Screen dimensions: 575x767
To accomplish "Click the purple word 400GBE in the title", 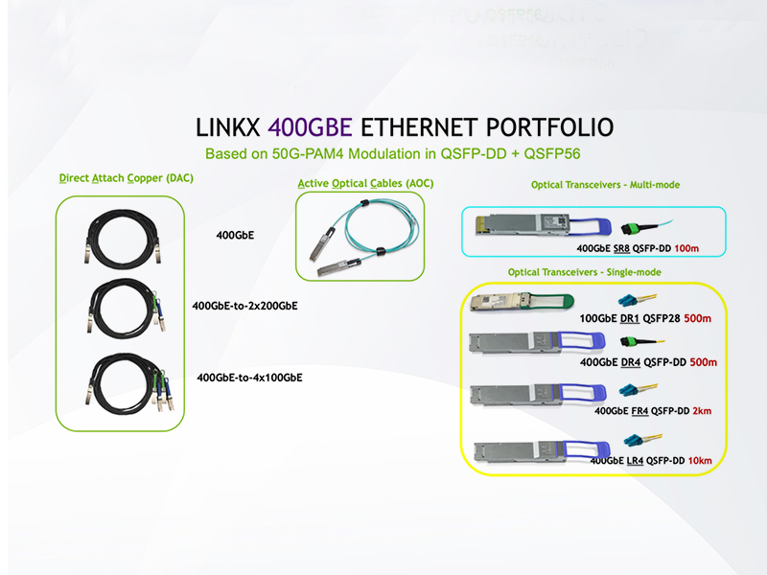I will pyautogui.click(x=310, y=128).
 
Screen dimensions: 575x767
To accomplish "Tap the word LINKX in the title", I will pyautogui.click(x=229, y=128).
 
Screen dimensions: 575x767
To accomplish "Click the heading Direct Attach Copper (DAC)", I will pyautogui.click(x=119, y=179).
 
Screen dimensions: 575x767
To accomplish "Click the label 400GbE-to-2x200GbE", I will pyautogui.click(x=244, y=307).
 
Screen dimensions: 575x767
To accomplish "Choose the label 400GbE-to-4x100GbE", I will pyautogui.click(x=249, y=378).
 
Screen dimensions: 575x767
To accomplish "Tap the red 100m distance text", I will pyautogui.click(x=687, y=248).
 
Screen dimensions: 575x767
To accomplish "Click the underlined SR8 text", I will pyautogui.click(x=621, y=248).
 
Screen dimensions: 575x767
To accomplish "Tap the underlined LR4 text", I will pyautogui.click(x=635, y=461).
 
